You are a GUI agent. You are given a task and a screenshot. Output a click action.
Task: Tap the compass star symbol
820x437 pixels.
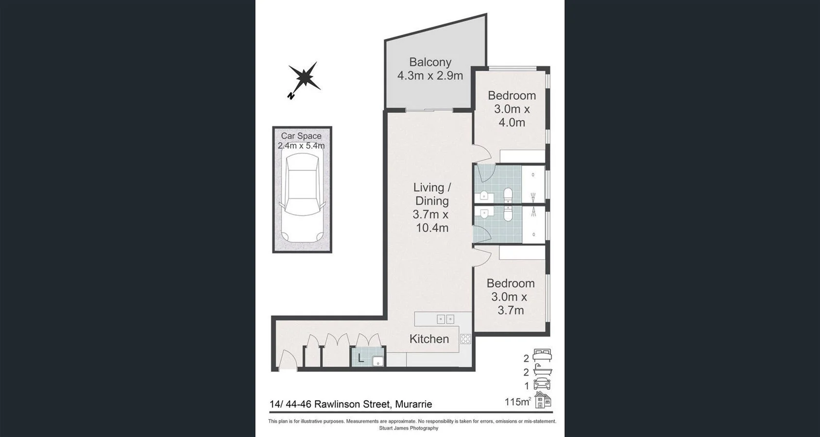click(305, 78)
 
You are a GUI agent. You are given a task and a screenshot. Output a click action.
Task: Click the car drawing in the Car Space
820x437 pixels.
click(302, 197)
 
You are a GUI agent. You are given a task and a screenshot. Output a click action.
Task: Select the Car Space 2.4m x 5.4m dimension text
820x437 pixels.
click(301, 141)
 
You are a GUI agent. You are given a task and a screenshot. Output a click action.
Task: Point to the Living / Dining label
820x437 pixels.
click(431, 194)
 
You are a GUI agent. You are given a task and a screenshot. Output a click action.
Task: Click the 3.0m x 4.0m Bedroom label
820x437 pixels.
click(512, 109)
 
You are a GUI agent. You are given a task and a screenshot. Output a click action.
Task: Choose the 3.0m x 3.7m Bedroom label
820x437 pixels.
click(510, 297)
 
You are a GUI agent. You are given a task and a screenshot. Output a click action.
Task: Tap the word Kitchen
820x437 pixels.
click(429, 339)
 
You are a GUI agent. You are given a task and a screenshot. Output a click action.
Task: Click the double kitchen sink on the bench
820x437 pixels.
click(445, 319)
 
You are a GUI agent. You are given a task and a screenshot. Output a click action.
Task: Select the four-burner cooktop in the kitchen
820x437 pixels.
click(465, 339)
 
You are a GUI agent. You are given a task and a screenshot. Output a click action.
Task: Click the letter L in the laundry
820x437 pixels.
click(360, 358)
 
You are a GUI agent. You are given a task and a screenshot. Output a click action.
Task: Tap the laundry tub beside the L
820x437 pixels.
click(377, 361)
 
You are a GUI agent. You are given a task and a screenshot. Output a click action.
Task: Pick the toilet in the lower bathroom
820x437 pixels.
click(508, 214)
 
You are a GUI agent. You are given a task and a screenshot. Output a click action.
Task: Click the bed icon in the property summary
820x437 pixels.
click(542, 355)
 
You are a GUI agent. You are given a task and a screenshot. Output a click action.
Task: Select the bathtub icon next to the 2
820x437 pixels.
click(542, 370)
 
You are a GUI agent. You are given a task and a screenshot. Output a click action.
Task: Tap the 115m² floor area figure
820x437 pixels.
click(517, 402)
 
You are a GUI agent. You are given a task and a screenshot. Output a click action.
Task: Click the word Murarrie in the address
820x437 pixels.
click(413, 404)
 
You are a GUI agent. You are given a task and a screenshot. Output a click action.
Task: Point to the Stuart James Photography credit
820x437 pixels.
click(409, 428)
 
